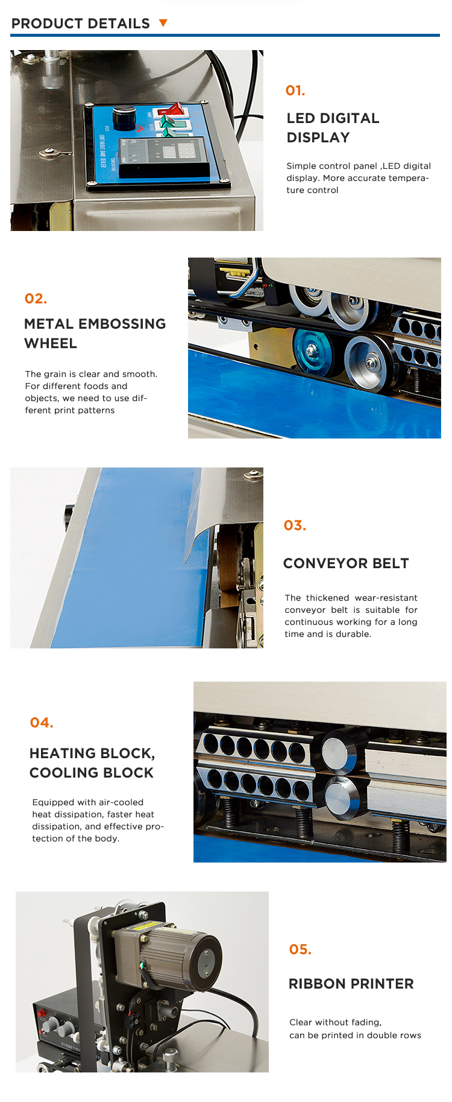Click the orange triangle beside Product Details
click(x=163, y=23)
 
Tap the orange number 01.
click(x=295, y=90)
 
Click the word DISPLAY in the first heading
click(x=318, y=138)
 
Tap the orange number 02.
click(x=36, y=299)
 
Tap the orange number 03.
click(x=295, y=525)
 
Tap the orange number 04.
click(x=42, y=723)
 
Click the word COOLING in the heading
click(x=64, y=773)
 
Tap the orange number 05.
click(x=300, y=949)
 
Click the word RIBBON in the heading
click(x=314, y=984)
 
